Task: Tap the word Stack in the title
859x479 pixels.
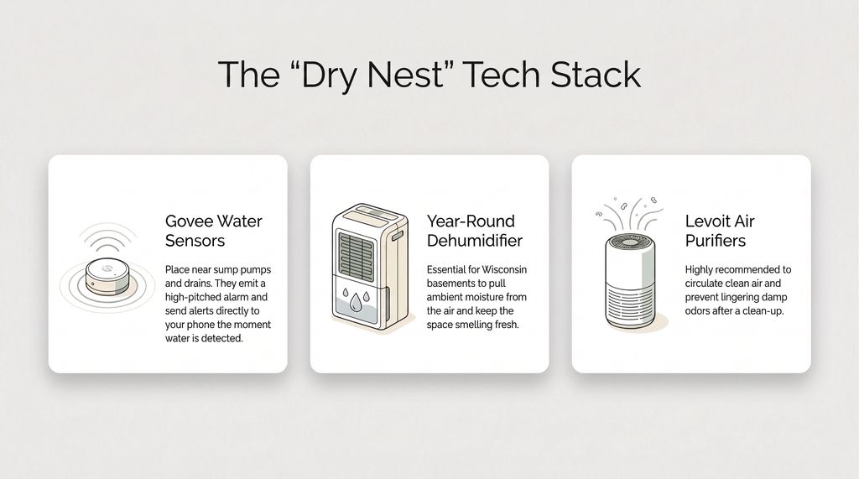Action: point(596,75)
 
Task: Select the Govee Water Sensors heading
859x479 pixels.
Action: point(214,231)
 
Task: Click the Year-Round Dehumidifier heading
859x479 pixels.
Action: point(474,231)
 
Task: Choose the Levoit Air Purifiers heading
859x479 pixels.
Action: point(720,231)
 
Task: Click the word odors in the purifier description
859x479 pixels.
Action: point(701,311)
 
